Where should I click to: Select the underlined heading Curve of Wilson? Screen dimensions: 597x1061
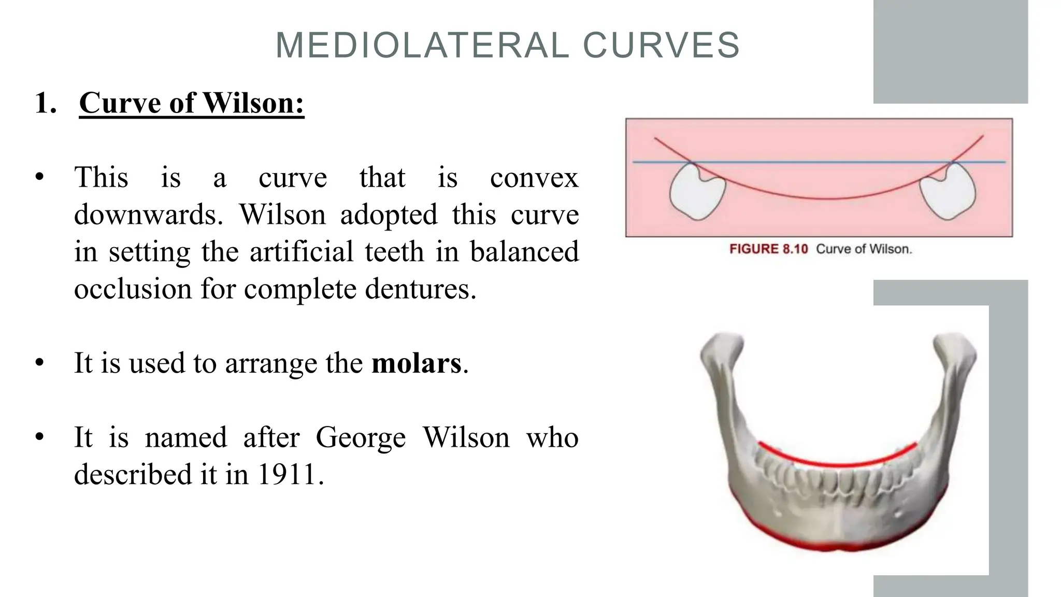[191, 103]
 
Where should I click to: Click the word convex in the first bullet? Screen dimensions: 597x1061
[534, 178]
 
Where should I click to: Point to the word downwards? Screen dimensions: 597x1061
[148, 215]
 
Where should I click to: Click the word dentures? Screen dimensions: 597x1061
[420, 289]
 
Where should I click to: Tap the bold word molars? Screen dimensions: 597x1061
[416, 363]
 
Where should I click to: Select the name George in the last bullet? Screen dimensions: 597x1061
[361, 437]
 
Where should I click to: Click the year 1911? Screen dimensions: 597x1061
[286, 475]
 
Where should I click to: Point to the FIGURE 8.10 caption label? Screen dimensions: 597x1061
[768, 249]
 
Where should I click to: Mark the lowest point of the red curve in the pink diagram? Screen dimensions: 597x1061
[829, 198]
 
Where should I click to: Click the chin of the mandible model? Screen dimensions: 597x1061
[838, 539]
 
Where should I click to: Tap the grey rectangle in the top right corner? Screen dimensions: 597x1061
[950, 51]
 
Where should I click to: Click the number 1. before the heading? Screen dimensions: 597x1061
[46, 103]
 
